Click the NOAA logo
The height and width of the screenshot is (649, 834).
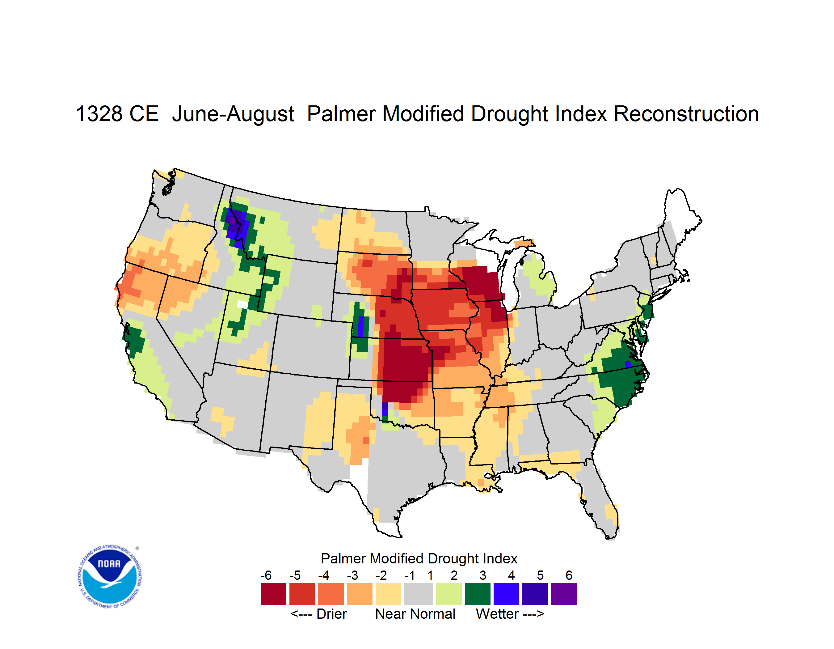point(110,576)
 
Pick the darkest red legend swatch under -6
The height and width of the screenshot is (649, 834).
point(273,594)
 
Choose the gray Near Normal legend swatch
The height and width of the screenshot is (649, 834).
point(419,594)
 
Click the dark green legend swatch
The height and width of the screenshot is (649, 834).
point(477,594)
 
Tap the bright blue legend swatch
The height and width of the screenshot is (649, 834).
point(506,594)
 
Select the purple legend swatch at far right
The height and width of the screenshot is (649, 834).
point(564,594)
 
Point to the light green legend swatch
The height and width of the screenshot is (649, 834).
point(449,594)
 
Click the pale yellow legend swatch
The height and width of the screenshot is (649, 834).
point(388,594)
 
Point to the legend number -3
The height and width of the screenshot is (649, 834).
point(352,575)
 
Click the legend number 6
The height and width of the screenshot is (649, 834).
point(569,575)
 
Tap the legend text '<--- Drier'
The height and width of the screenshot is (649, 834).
point(318,614)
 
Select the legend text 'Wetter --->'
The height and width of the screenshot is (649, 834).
point(510,614)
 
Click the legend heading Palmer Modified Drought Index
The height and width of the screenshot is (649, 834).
point(419,558)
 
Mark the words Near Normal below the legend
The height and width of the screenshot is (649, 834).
point(415,614)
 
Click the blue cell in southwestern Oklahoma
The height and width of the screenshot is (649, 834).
point(385,409)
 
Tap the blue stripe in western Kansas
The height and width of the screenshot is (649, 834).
point(360,326)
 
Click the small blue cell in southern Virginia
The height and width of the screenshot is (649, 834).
point(627,364)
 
